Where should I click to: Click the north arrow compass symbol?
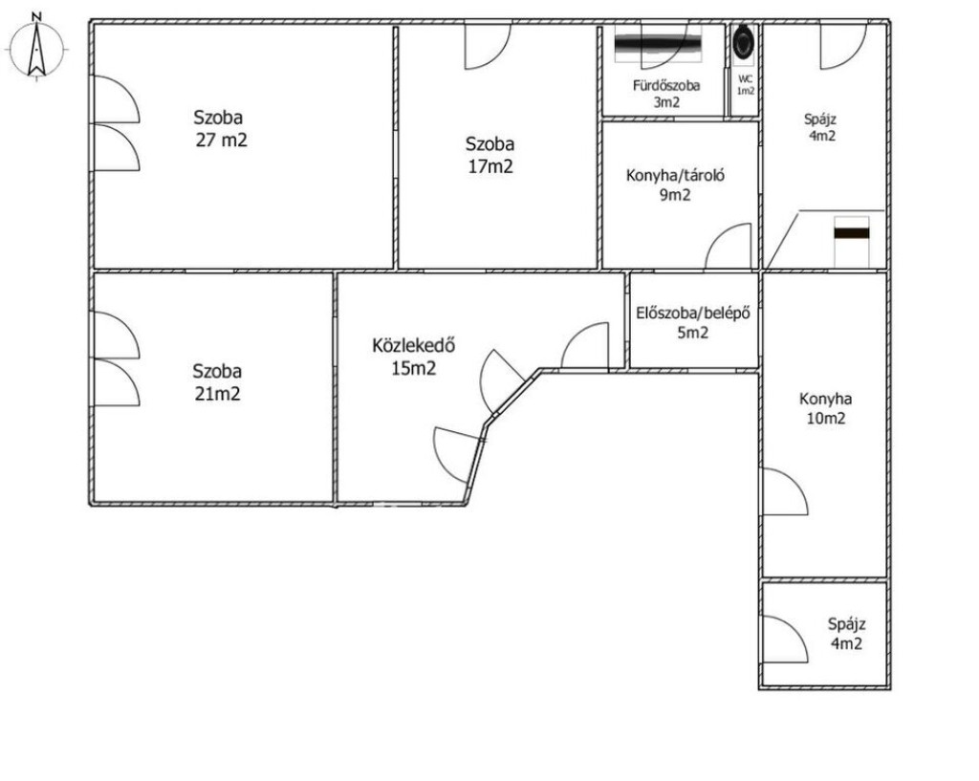36,49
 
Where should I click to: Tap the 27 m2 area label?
222,140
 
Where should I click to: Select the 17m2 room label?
490,166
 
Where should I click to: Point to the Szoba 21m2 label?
217,382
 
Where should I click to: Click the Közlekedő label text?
413,345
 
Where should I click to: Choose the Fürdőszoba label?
666,85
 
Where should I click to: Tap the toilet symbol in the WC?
744,42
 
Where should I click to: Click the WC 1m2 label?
746,85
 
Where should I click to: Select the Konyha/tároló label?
675,176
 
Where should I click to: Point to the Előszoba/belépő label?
693,313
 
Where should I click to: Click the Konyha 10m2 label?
825,408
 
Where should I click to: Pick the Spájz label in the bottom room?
847,623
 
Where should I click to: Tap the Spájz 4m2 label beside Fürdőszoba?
820,127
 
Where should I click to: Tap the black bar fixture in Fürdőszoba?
658,44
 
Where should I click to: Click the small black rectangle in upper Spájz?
852,233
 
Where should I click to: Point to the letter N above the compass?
37,16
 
